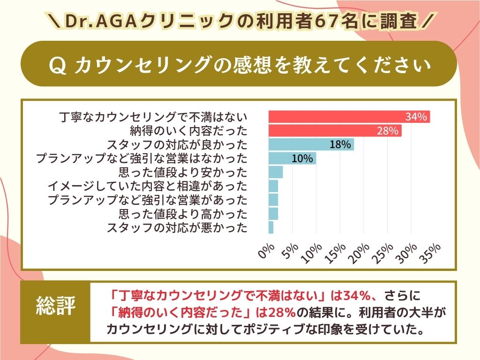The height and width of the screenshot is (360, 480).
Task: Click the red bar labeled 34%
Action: [x=349, y=117]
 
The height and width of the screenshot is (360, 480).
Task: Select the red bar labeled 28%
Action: [x=335, y=131]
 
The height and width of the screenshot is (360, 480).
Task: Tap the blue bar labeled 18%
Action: [x=311, y=144]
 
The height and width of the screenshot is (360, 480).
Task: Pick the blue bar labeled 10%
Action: [x=292, y=158]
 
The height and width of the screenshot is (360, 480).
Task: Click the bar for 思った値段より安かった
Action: [x=276, y=172]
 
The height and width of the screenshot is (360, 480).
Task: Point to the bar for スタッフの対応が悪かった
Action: [x=271, y=228]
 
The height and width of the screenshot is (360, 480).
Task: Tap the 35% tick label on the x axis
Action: [x=431, y=253]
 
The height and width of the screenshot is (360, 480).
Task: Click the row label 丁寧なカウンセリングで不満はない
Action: [x=154, y=117]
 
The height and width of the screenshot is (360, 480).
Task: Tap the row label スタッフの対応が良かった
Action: [x=177, y=144]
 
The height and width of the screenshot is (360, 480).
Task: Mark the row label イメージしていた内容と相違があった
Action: [x=147, y=186]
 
